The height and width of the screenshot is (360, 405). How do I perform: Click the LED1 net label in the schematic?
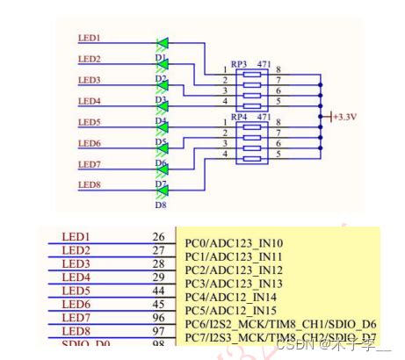[90, 39]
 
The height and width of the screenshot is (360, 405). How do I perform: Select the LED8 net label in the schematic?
[90, 185]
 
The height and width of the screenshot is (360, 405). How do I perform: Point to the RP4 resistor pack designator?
[239, 116]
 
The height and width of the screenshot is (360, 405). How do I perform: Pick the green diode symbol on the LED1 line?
[162, 42]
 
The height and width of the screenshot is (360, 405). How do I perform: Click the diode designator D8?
[162, 205]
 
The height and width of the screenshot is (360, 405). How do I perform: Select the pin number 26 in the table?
[158, 237]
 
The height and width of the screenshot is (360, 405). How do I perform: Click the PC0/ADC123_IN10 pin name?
[234, 243]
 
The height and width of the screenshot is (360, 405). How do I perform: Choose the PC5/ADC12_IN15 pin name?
[230, 311]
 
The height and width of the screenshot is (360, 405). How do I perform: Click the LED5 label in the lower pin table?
[76, 290]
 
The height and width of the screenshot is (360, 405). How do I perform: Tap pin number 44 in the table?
[158, 290]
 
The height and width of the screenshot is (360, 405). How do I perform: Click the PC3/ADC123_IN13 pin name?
[234, 284]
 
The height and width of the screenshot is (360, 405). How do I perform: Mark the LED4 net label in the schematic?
[90, 101]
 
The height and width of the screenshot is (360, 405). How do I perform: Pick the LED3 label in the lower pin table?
[76, 263]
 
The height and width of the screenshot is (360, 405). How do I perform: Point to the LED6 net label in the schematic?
[90, 143]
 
